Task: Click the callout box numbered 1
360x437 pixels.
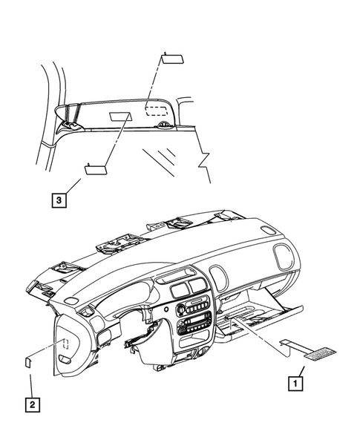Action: pyautogui.click(x=295, y=384)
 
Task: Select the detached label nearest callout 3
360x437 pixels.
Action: pyautogui.click(x=96, y=168)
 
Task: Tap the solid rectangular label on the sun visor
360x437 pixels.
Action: pyautogui.click(x=121, y=114)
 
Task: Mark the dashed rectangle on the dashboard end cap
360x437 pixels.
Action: pyautogui.click(x=65, y=344)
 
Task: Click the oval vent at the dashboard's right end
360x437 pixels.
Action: pyautogui.click(x=284, y=257)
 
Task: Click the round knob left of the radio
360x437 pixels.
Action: pyautogui.click(x=180, y=309)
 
